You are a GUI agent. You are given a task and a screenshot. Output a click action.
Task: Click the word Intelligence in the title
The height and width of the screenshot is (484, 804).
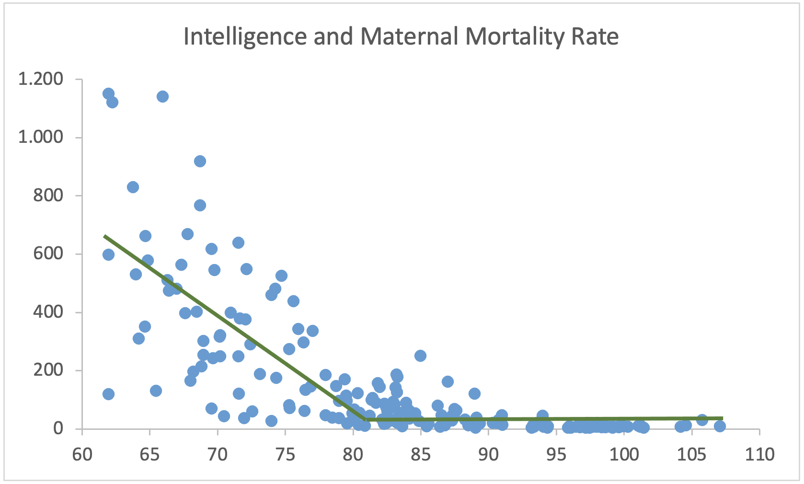point(245,36)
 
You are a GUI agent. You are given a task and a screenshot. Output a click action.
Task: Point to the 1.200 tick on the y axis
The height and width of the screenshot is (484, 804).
point(41,79)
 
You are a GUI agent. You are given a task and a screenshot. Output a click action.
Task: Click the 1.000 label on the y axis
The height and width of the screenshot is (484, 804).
point(41,137)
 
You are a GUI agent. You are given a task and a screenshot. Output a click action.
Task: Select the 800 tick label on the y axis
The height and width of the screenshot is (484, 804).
point(48,196)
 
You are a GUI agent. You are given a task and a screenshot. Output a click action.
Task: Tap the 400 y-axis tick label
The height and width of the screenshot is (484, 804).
point(48,312)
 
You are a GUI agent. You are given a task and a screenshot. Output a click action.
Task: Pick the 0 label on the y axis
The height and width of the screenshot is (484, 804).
point(58,428)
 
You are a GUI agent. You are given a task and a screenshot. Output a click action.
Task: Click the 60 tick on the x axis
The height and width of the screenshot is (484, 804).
point(82,454)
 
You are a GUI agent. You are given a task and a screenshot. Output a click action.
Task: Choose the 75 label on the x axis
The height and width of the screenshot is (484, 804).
point(285,454)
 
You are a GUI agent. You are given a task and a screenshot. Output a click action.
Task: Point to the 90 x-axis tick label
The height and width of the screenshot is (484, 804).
point(488,454)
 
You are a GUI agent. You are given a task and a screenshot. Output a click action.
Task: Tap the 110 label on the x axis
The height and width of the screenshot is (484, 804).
point(759,454)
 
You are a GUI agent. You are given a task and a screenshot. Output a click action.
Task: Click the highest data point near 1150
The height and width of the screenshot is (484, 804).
point(108,93)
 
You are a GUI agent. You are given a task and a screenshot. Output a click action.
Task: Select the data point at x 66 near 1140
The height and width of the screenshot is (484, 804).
point(162,96)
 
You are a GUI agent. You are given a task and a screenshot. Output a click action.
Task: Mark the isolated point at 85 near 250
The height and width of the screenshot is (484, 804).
point(420,356)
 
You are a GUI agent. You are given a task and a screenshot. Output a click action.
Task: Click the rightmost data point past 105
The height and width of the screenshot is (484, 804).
point(720,426)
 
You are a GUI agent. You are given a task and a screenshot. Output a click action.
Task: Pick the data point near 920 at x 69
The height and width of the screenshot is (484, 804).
point(200,161)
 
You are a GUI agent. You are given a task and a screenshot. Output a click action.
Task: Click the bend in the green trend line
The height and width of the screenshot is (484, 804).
point(366,420)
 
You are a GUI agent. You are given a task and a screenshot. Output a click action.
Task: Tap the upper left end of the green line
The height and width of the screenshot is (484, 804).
point(105,236)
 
